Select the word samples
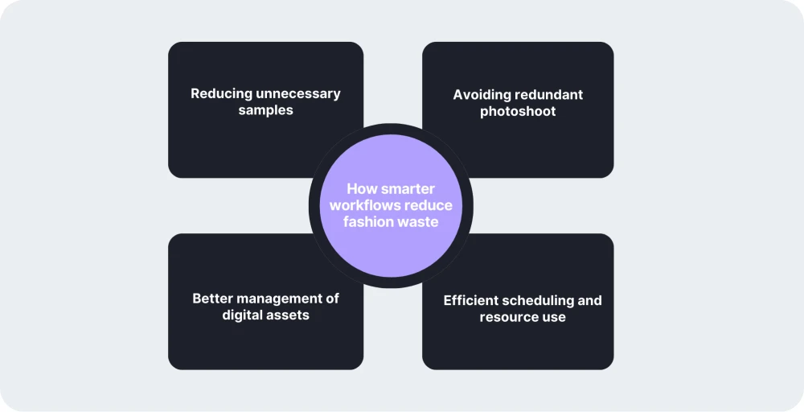point(265,110)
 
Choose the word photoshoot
point(518,111)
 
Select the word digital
point(243,315)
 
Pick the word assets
point(288,315)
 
